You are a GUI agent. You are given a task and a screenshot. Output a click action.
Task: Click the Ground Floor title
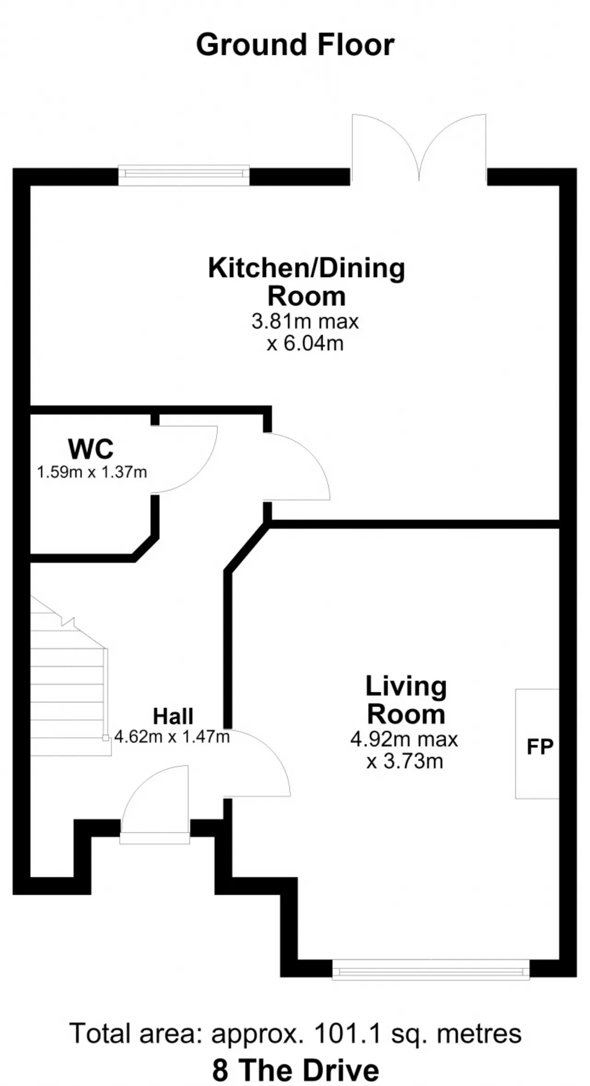295,45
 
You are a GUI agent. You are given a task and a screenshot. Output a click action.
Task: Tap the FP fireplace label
540,746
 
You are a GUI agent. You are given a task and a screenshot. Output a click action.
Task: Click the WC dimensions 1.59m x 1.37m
92,472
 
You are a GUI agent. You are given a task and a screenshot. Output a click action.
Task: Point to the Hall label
173,716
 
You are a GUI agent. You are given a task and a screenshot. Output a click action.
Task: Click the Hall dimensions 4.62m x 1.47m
172,737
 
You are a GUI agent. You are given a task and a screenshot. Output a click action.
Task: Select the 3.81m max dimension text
305,321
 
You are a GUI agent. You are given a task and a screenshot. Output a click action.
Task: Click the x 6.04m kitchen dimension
305,343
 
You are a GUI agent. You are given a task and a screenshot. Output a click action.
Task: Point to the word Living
406,687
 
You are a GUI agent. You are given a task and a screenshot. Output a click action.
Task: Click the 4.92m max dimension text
404,739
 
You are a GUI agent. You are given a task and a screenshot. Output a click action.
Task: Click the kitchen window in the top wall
184,176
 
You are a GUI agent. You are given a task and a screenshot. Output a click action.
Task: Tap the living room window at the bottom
431,969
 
